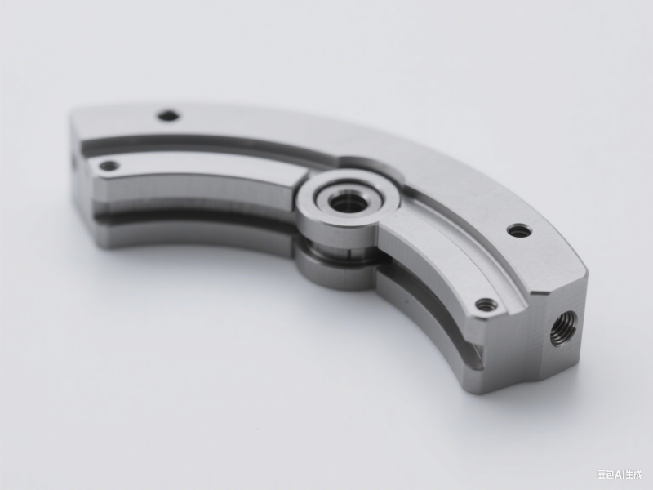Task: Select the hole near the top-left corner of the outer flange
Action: [x=168, y=115]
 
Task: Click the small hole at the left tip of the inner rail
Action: [x=109, y=166]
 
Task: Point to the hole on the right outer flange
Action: [x=519, y=230]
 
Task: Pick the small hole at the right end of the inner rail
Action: [x=486, y=305]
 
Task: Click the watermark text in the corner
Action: [x=620, y=474]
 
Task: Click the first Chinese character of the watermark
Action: [x=602, y=474]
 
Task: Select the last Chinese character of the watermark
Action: [x=637, y=474]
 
